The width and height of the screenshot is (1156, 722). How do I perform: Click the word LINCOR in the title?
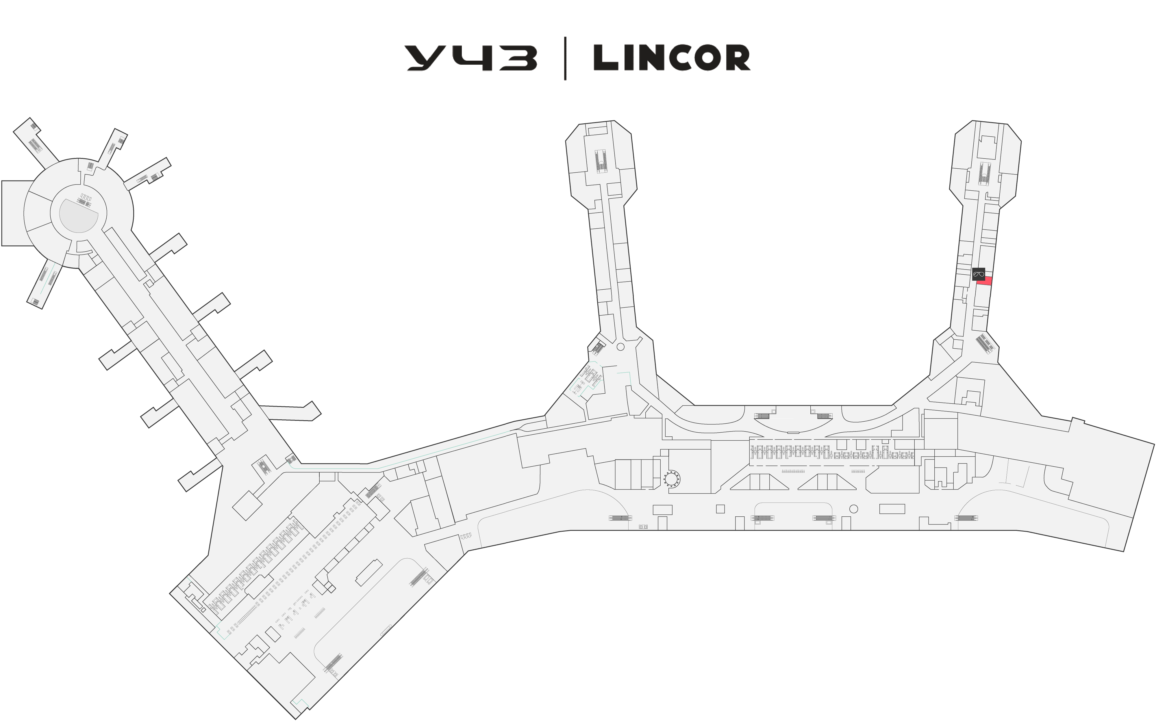pos(672,58)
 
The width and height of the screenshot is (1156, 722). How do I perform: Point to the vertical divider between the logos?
pos(566,58)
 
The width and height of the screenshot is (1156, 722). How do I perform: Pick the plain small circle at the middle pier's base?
pos(620,347)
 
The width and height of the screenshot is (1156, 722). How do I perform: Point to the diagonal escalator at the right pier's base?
pos(985,344)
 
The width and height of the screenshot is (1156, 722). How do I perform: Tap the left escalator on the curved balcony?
pos(763,415)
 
